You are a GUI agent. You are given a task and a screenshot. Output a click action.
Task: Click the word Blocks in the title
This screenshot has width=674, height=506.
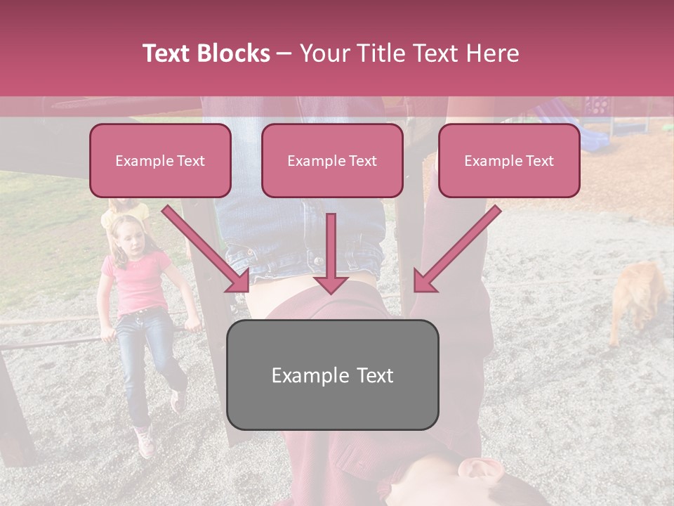click(x=233, y=53)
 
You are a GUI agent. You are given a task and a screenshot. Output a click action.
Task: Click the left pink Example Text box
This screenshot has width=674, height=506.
click(x=160, y=161)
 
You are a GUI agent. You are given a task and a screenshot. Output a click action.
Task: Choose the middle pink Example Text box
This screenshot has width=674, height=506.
click(x=332, y=161)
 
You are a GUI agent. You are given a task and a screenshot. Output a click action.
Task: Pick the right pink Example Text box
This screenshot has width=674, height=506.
click(x=509, y=161)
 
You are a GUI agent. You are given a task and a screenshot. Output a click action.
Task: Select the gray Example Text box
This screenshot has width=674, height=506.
click(x=332, y=375)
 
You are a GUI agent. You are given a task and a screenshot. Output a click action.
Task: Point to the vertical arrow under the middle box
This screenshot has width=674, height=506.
click(x=331, y=253)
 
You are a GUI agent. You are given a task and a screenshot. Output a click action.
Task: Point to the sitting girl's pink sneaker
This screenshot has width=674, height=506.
click(x=145, y=442)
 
